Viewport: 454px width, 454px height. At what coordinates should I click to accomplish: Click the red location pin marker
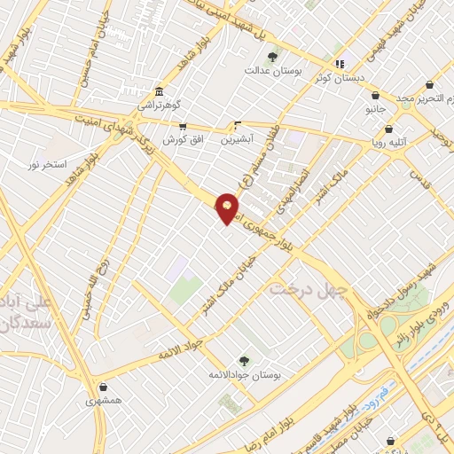pyautogui.click(x=228, y=208)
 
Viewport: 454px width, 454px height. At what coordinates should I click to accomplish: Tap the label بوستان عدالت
pyautogui.click(x=272, y=69)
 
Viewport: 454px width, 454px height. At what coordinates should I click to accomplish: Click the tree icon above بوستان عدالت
pyautogui.click(x=272, y=57)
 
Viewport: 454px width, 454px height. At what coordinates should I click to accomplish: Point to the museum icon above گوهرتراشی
pyautogui.click(x=159, y=92)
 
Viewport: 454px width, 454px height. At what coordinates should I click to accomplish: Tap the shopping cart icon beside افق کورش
pyautogui.click(x=183, y=127)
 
